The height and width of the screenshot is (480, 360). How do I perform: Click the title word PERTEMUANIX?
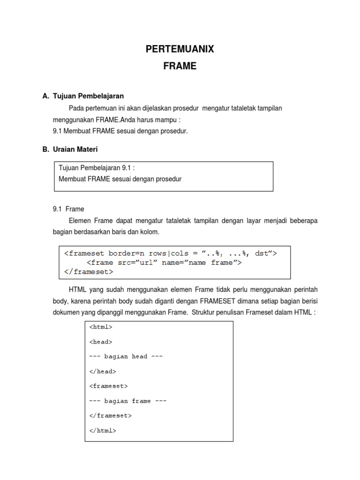click(x=180, y=49)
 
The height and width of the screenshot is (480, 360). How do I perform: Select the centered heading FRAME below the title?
click(x=180, y=67)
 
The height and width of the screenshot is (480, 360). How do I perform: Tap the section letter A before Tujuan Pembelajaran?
click(x=45, y=96)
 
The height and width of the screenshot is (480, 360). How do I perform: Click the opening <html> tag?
click(x=101, y=327)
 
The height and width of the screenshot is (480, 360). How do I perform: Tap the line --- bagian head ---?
click(x=126, y=356)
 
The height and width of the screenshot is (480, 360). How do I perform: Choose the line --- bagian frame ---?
click(x=127, y=401)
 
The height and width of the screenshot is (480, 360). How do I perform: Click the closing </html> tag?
click(x=102, y=430)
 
